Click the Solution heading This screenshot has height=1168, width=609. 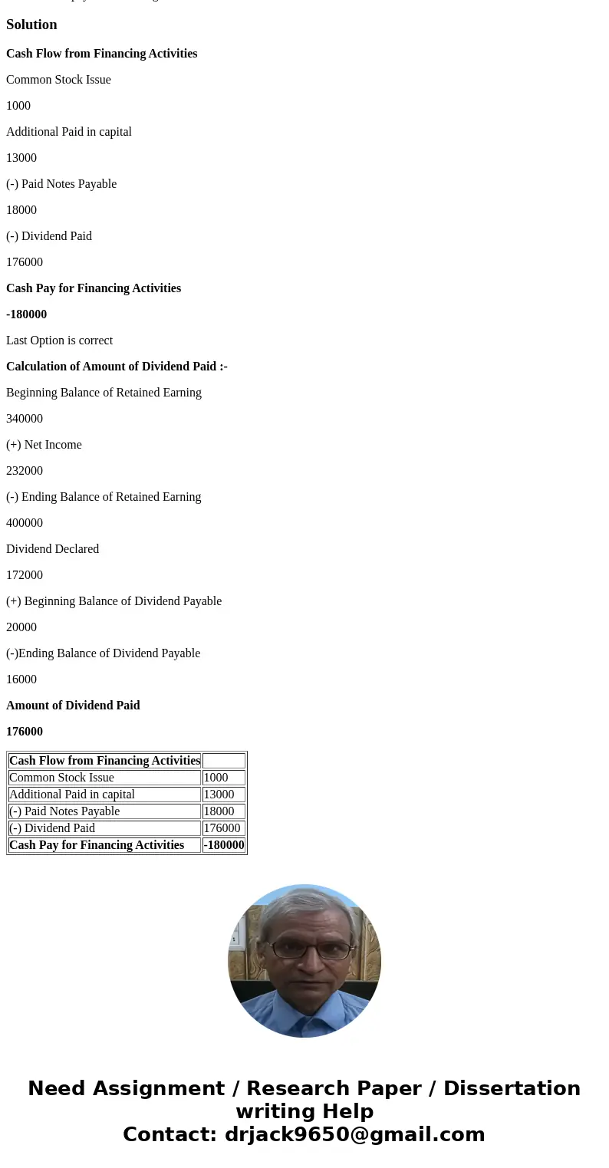point(31,25)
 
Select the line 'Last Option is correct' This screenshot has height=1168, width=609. point(59,341)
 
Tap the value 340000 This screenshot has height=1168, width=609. point(25,419)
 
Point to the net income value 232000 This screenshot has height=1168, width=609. point(25,471)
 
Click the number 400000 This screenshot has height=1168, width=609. point(25,523)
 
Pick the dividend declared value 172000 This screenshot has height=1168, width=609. point(25,575)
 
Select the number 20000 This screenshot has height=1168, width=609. point(21,627)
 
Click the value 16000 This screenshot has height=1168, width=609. point(21,679)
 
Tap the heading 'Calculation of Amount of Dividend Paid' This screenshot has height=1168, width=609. point(117,367)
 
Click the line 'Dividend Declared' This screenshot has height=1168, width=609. point(52,549)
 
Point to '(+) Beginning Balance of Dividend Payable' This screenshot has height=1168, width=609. point(114,601)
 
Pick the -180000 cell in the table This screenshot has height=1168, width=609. point(224,845)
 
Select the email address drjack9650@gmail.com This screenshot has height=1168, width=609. point(354,1134)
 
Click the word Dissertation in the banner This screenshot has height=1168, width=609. point(512,1088)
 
